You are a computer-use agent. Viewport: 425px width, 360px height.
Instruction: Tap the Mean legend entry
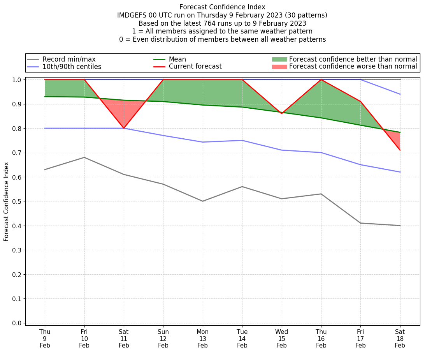tap(177, 59)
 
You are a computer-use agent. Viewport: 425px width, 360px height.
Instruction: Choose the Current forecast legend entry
tap(195, 67)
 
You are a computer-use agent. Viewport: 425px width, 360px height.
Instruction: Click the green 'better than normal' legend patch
tap(279, 59)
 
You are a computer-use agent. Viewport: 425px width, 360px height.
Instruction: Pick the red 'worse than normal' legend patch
tap(279, 67)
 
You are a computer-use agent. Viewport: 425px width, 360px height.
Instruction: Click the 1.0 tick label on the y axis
tap(18, 80)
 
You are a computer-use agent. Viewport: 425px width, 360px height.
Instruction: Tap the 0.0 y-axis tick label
tap(18, 323)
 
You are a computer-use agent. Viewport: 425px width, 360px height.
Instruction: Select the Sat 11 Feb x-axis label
tap(124, 338)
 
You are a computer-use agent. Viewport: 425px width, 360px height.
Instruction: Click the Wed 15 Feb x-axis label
tap(281, 338)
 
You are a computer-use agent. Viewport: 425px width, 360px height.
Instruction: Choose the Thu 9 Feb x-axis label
tap(45, 338)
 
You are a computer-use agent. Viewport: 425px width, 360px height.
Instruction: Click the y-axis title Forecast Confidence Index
tap(6, 201)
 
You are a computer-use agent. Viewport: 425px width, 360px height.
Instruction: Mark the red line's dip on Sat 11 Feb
tap(124, 128)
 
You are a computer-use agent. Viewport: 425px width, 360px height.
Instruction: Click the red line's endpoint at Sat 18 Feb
tap(400, 150)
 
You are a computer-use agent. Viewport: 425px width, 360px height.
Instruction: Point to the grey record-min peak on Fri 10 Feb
tap(84, 157)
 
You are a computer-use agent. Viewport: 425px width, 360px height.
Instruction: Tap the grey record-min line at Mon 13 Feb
tap(203, 201)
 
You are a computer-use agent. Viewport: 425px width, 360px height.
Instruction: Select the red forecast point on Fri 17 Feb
tap(360, 102)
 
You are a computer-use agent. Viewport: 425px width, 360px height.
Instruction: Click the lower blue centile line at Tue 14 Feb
tap(242, 140)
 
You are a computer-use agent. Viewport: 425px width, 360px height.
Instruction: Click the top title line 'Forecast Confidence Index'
tap(222, 7)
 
